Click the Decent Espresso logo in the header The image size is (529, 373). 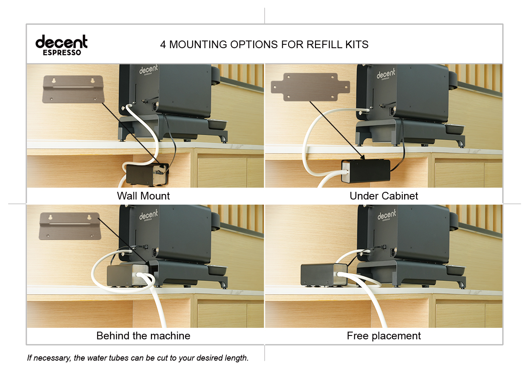point(61,45)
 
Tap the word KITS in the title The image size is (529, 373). point(357,45)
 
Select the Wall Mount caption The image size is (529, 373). point(143,196)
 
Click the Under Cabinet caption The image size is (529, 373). point(384,196)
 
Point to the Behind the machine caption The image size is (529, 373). point(143,335)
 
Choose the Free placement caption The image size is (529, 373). point(384,336)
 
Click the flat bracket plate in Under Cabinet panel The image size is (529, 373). point(310,87)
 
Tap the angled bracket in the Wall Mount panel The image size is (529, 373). point(73,89)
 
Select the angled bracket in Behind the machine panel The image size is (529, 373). point(70,226)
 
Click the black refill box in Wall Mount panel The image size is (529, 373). point(147,174)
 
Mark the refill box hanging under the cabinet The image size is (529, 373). point(366,171)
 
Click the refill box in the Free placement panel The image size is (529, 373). point(324,275)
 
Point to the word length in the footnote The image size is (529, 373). point(237,358)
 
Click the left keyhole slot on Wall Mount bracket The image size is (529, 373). point(54,80)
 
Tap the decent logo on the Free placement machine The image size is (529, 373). point(386,215)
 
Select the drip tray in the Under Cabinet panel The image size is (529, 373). point(454,129)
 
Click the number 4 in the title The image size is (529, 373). point(163,45)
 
